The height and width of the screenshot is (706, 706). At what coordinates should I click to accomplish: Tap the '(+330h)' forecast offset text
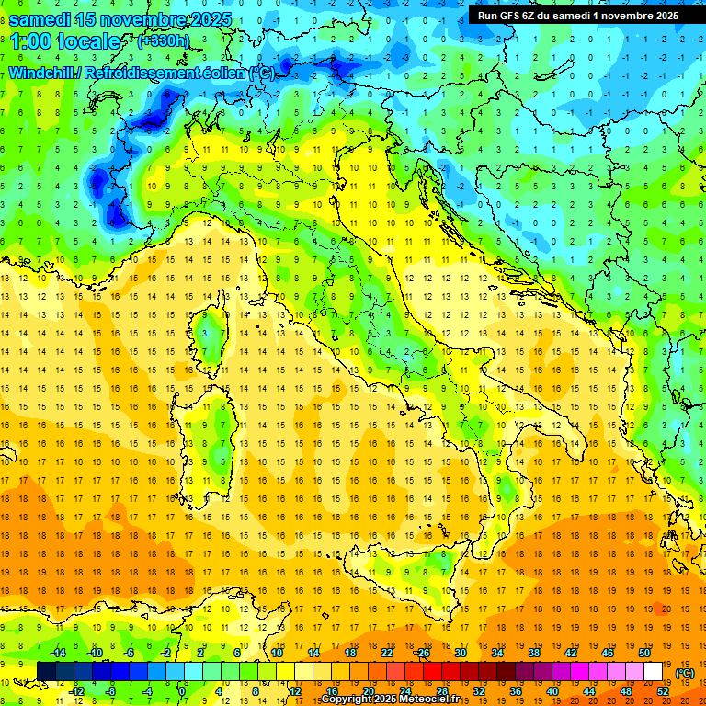(163, 40)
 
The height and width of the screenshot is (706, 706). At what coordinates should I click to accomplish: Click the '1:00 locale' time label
(65, 41)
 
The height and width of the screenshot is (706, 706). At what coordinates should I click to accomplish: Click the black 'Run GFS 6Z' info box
(576, 15)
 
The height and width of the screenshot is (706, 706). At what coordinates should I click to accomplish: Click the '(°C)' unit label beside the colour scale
(684, 673)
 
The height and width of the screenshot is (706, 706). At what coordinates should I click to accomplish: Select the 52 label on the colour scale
(663, 690)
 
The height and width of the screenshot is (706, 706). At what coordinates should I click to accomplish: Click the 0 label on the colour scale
(182, 690)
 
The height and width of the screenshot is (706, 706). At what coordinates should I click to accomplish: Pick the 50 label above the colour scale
(643, 653)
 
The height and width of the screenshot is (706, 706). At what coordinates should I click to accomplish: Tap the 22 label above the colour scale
(387, 653)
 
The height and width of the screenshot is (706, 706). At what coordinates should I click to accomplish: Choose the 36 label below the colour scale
(515, 690)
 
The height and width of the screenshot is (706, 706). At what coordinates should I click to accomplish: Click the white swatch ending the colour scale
(654, 672)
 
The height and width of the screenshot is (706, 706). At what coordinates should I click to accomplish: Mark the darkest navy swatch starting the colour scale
(46, 672)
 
